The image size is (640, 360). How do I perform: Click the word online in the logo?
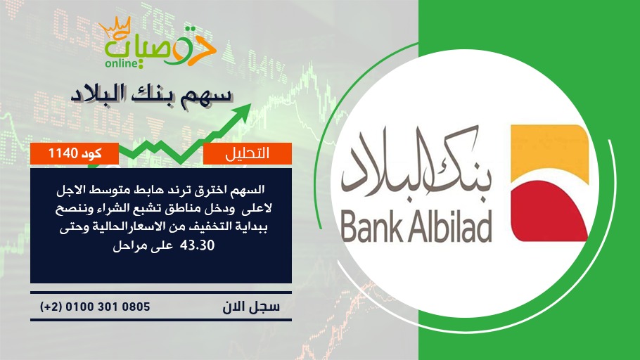tap(122, 64)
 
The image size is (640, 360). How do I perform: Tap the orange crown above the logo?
tap(115, 27)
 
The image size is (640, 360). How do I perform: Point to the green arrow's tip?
tap(250, 105)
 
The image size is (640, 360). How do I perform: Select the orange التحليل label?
tap(248, 153)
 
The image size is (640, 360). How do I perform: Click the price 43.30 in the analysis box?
tap(200, 246)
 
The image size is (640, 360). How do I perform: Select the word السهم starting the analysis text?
tap(249, 190)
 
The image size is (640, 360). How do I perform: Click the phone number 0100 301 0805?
tap(108, 307)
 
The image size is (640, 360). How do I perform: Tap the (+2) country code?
tap(51, 307)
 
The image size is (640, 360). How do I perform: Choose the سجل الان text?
tap(251, 307)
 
